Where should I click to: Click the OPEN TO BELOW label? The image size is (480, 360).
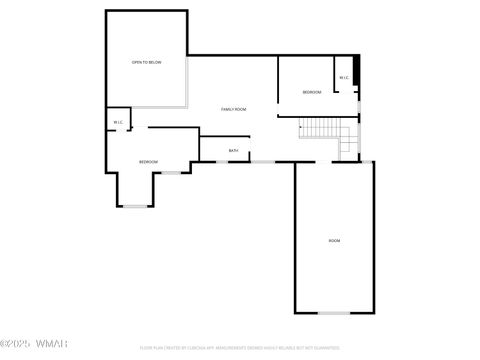coord(146,62)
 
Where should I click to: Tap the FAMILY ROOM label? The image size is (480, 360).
coord(234,108)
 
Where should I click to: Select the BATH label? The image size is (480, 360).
coord(233,151)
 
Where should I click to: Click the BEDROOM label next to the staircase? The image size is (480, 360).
coord(312,93)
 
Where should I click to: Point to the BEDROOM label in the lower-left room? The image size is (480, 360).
coord(148,161)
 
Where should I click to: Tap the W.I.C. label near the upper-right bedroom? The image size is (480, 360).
coord(343,78)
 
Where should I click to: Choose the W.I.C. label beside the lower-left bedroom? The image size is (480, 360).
coord(118,124)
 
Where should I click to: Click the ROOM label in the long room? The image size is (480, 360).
coord(334,241)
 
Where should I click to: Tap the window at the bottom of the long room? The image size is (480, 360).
coord(334,313)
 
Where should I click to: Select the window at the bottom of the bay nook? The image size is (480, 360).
coord(135,206)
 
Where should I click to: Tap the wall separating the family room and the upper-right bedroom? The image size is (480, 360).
coord(278,86)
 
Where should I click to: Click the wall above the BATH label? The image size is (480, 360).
coord(231,137)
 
